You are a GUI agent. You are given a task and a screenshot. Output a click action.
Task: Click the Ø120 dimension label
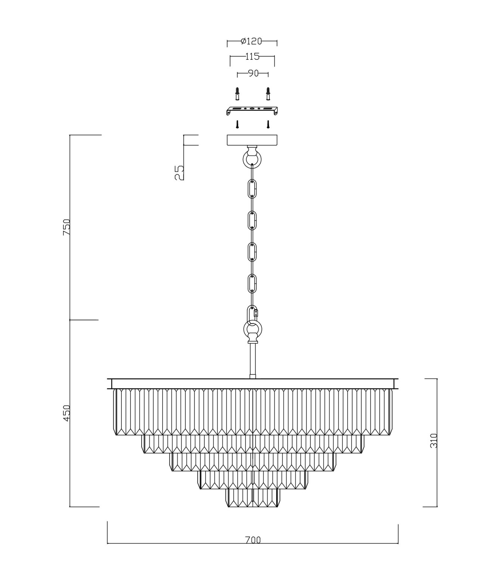pos(251,41)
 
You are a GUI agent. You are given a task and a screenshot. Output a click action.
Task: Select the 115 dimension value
pos(252,57)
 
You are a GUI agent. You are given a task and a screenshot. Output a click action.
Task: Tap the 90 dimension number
pos(253,74)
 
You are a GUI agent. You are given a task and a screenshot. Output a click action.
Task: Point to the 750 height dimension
pos(67,227)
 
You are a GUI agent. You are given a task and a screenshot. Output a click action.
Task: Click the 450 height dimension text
pos(67,413)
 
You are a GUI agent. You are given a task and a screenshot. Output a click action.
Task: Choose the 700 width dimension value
pos(253,540)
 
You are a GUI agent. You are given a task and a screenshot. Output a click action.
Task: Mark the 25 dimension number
pos(179,173)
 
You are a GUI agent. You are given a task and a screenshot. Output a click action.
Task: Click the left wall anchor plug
pos(238,94)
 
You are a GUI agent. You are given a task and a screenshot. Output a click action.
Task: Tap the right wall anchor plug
pos(268,94)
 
